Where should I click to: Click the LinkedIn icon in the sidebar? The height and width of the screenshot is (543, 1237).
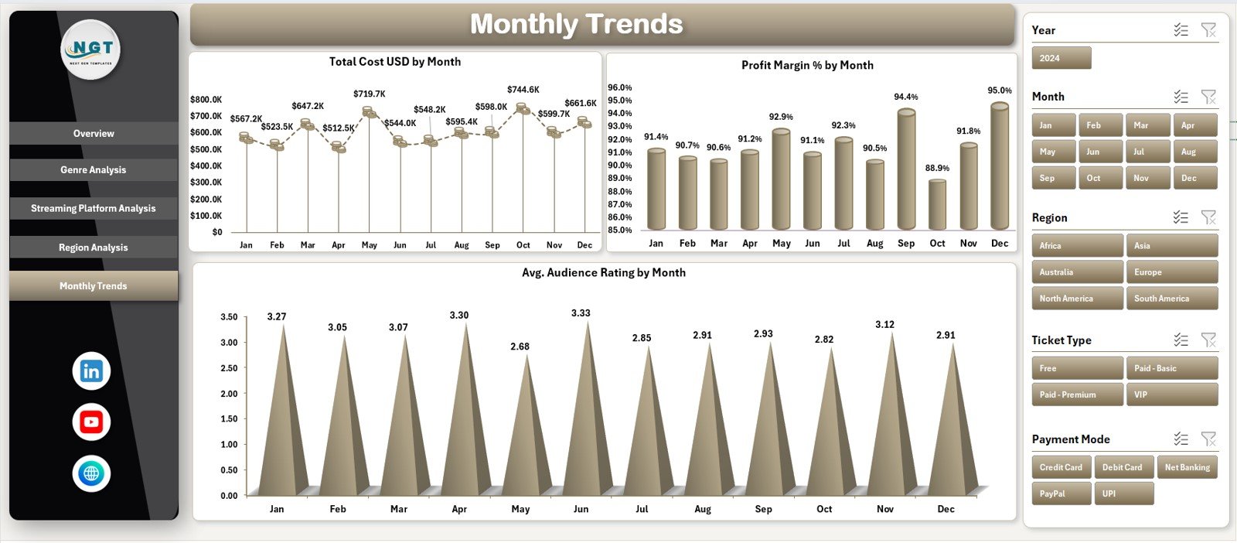pos(91,371)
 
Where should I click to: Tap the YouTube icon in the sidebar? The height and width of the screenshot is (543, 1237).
pos(91,422)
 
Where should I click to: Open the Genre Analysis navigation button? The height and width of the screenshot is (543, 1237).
pos(94,170)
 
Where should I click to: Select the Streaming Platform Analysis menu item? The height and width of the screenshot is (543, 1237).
pos(94,209)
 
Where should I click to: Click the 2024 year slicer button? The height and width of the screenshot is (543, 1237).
pos(1061,58)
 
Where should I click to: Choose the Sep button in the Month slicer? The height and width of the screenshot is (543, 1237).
pos(1053,178)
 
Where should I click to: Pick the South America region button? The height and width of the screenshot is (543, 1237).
pos(1171,299)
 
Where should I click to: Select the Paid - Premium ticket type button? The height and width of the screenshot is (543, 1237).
pos(1076,394)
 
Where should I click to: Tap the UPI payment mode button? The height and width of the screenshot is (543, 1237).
pos(1123,493)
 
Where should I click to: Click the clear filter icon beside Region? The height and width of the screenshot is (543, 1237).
pos(1208,217)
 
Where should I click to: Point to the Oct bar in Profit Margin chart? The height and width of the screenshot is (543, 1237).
pos(937,205)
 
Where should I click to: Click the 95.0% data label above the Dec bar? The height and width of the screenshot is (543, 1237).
pos(999,90)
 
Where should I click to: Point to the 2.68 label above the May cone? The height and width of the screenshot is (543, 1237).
pos(520,347)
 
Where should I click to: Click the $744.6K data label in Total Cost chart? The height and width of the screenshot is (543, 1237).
pos(523,90)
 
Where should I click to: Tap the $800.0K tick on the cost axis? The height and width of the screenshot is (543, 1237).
pos(206,100)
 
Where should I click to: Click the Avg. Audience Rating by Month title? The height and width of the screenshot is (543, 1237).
pos(603,273)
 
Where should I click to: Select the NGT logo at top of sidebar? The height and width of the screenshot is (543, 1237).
pos(91,50)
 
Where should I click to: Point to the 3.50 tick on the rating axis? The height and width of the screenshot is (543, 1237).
pos(229,317)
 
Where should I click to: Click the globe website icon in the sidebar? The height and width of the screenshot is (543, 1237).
pos(91,473)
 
